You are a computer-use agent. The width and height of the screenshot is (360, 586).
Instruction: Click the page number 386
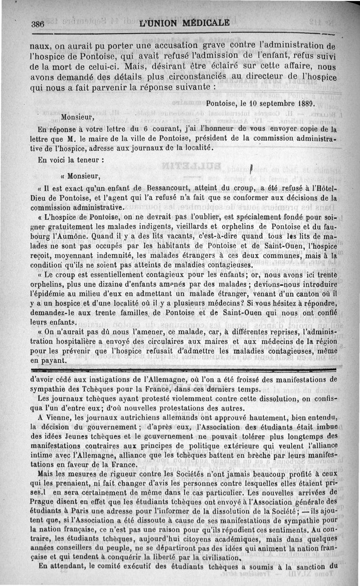click(37, 25)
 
